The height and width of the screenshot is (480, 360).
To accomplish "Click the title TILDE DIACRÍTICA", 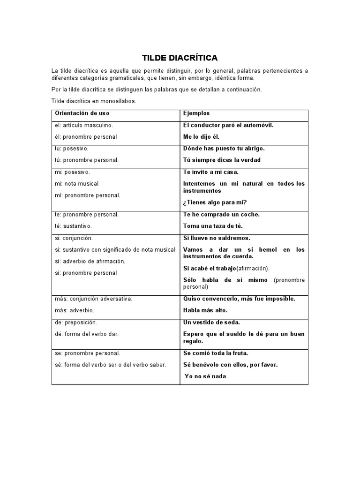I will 180,58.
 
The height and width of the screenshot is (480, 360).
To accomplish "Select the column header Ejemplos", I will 196,113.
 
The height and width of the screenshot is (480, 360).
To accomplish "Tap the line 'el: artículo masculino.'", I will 84,125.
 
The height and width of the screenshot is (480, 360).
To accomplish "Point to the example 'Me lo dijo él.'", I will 201,137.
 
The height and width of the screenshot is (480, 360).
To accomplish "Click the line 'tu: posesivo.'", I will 72,148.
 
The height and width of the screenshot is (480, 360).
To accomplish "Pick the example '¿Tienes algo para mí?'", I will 215,202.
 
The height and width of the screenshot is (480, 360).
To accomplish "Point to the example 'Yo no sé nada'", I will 205,376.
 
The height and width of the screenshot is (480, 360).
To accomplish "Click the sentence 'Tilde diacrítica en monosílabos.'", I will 93,101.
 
